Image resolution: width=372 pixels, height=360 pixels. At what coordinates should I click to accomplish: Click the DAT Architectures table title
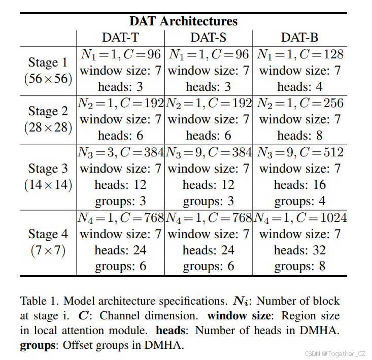(x=183, y=21)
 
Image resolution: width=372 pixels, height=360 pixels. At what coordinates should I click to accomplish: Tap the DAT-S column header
(x=209, y=38)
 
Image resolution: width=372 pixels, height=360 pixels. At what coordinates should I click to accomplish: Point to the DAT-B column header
(x=299, y=38)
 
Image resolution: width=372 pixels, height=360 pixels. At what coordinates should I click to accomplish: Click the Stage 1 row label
(x=48, y=62)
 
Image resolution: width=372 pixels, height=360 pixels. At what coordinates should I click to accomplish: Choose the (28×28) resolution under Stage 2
(x=48, y=127)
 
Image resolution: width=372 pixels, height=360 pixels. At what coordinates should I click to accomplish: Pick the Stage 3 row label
(x=48, y=169)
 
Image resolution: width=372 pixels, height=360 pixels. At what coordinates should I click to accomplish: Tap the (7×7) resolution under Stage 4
(x=48, y=250)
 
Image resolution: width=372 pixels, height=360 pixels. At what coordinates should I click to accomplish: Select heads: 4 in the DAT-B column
(x=299, y=87)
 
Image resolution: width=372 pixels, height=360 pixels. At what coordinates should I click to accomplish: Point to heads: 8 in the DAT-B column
(x=299, y=136)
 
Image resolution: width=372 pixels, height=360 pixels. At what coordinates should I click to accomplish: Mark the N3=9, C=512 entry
(x=299, y=152)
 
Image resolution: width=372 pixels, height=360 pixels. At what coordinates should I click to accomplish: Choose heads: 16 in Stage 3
(x=299, y=185)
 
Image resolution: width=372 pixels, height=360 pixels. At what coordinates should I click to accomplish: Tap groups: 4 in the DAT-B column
(x=299, y=201)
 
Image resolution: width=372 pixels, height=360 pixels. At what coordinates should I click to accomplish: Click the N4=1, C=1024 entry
(x=299, y=218)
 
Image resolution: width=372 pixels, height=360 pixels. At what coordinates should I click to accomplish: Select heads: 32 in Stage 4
(x=299, y=250)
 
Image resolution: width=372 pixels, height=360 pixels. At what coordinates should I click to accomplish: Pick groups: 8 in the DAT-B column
(x=299, y=267)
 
